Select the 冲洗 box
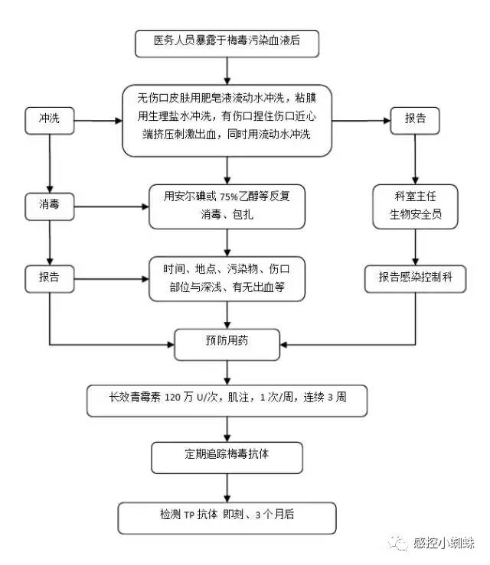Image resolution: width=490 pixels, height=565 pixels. pos(49,119)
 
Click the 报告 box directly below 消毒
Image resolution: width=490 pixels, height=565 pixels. pos(49,278)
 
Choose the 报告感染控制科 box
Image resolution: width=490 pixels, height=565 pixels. pos(416,278)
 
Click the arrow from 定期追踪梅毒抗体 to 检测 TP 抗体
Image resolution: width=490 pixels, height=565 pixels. pos(227,487)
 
